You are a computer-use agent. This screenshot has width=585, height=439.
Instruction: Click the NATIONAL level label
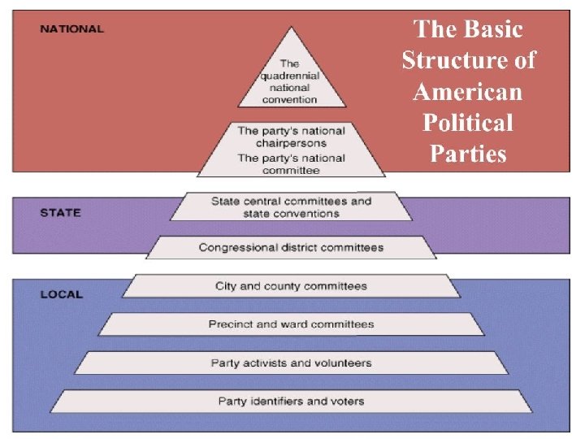point(72,28)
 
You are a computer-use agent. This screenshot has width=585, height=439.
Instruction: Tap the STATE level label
point(61,213)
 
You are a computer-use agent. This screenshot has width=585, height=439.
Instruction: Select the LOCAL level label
point(62,294)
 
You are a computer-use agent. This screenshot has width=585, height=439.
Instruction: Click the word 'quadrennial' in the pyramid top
point(289,76)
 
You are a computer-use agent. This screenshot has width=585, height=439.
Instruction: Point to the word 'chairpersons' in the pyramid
point(291,143)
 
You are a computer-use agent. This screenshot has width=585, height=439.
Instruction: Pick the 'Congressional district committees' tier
point(291,247)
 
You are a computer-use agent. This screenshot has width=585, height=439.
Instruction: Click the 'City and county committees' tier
point(291,286)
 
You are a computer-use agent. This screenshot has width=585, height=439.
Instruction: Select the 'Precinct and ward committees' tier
point(291,324)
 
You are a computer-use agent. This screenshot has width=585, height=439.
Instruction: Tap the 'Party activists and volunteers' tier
point(291,363)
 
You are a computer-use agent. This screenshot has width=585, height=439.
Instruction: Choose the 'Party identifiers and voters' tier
point(291,401)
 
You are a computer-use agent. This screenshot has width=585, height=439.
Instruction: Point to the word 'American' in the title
point(467,92)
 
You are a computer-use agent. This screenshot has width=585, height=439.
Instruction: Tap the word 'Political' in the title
point(468,123)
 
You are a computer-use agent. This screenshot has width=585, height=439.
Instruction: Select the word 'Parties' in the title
point(468,154)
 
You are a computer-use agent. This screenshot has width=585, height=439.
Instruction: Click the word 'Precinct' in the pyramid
point(231,324)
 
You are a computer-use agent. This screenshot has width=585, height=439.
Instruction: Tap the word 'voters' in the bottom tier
point(347,401)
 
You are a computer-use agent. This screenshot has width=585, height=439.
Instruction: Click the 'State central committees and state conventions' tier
point(291,206)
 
